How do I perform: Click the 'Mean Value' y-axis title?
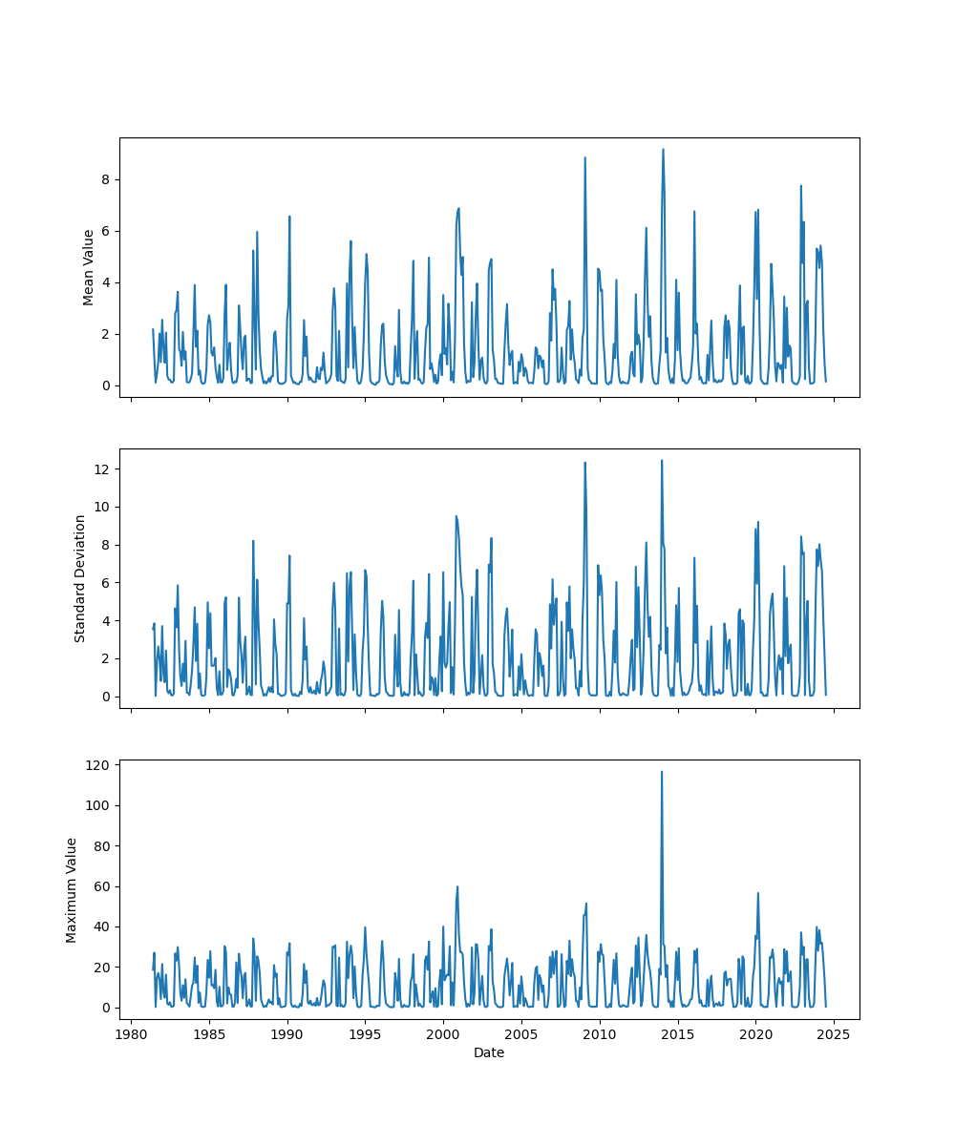click(89, 267)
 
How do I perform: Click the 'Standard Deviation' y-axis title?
click(80, 578)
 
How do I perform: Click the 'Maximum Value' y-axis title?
click(72, 889)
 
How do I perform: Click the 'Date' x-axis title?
click(489, 1052)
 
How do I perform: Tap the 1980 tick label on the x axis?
click(132, 1034)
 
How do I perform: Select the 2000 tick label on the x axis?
click(443, 1034)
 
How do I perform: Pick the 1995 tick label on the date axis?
click(365, 1034)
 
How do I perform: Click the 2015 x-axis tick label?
click(678, 1034)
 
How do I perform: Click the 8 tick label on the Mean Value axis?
click(105, 179)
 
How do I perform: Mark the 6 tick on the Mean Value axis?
click(105, 231)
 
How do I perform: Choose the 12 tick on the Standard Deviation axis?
click(101, 468)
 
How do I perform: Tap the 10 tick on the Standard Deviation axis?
click(101, 507)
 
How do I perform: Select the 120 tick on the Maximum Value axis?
click(97, 765)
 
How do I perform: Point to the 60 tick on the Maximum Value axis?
click(101, 886)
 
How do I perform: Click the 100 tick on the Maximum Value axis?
click(97, 805)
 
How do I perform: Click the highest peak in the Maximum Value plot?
click(662, 772)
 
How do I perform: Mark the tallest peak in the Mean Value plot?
click(663, 149)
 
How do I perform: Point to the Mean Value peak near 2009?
click(585, 157)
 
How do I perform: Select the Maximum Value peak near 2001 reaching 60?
click(457, 886)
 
